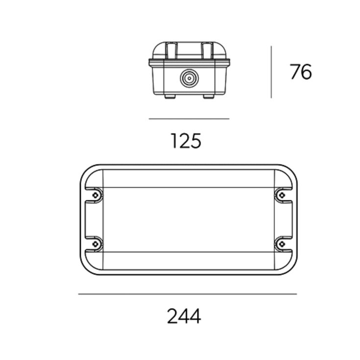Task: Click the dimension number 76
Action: pyautogui.click(x=301, y=72)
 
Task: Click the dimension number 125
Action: pyautogui.click(x=186, y=141)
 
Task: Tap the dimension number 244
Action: pyautogui.click(x=184, y=316)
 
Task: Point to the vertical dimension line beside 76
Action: pyautogui.click(x=271, y=72)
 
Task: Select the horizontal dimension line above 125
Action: pyautogui.click(x=189, y=119)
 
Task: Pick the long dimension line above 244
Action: pyautogui.click(x=188, y=294)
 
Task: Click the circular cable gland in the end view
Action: pyautogui.click(x=189, y=78)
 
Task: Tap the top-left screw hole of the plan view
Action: pyautogui.click(x=96, y=195)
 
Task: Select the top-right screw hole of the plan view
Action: pyautogui.click(x=282, y=195)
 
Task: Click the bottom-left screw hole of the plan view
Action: pyautogui.click(x=96, y=244)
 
